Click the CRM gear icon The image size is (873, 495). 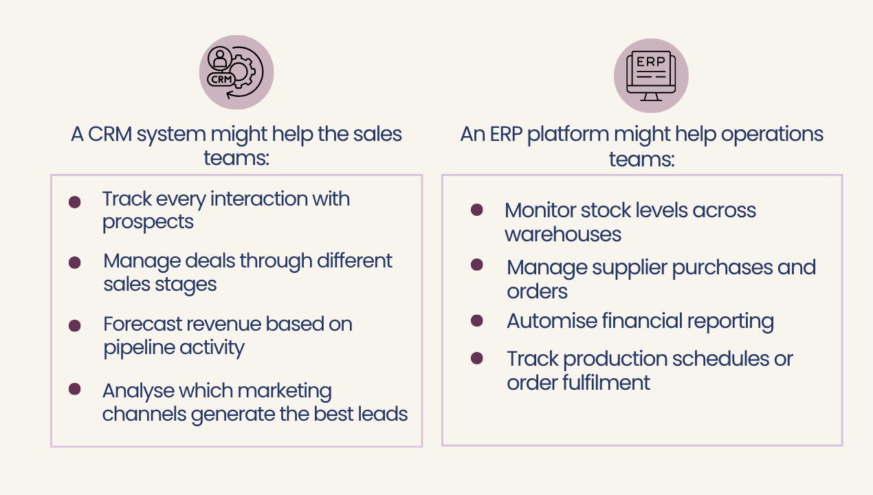coord(236,72)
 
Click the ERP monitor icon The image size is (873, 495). coord(650,75)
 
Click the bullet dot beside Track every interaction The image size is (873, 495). coord(75,202)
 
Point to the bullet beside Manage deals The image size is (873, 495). coord(75,263)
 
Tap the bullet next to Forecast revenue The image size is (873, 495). coord(75,326)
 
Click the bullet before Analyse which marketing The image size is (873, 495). coord(75,389)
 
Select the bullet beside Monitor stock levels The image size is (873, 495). coord(476,210)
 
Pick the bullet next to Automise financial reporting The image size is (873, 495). coord(476,320)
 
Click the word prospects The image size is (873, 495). coord(148,222)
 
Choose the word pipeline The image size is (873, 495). coord(132,348)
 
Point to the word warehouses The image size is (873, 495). coord(563,234)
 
